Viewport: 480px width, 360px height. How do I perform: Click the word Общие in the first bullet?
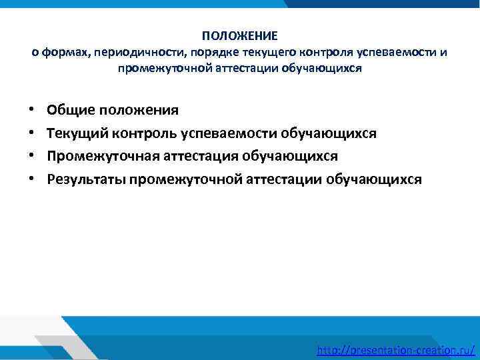(69, 109)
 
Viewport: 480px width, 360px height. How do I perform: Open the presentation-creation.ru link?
(396, 350)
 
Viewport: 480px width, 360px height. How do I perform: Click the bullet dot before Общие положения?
(32, 109)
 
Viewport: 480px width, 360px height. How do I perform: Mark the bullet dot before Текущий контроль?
(32, 133)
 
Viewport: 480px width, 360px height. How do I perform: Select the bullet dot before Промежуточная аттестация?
(32, 156)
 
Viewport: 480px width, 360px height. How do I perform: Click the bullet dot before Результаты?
(32, 179)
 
